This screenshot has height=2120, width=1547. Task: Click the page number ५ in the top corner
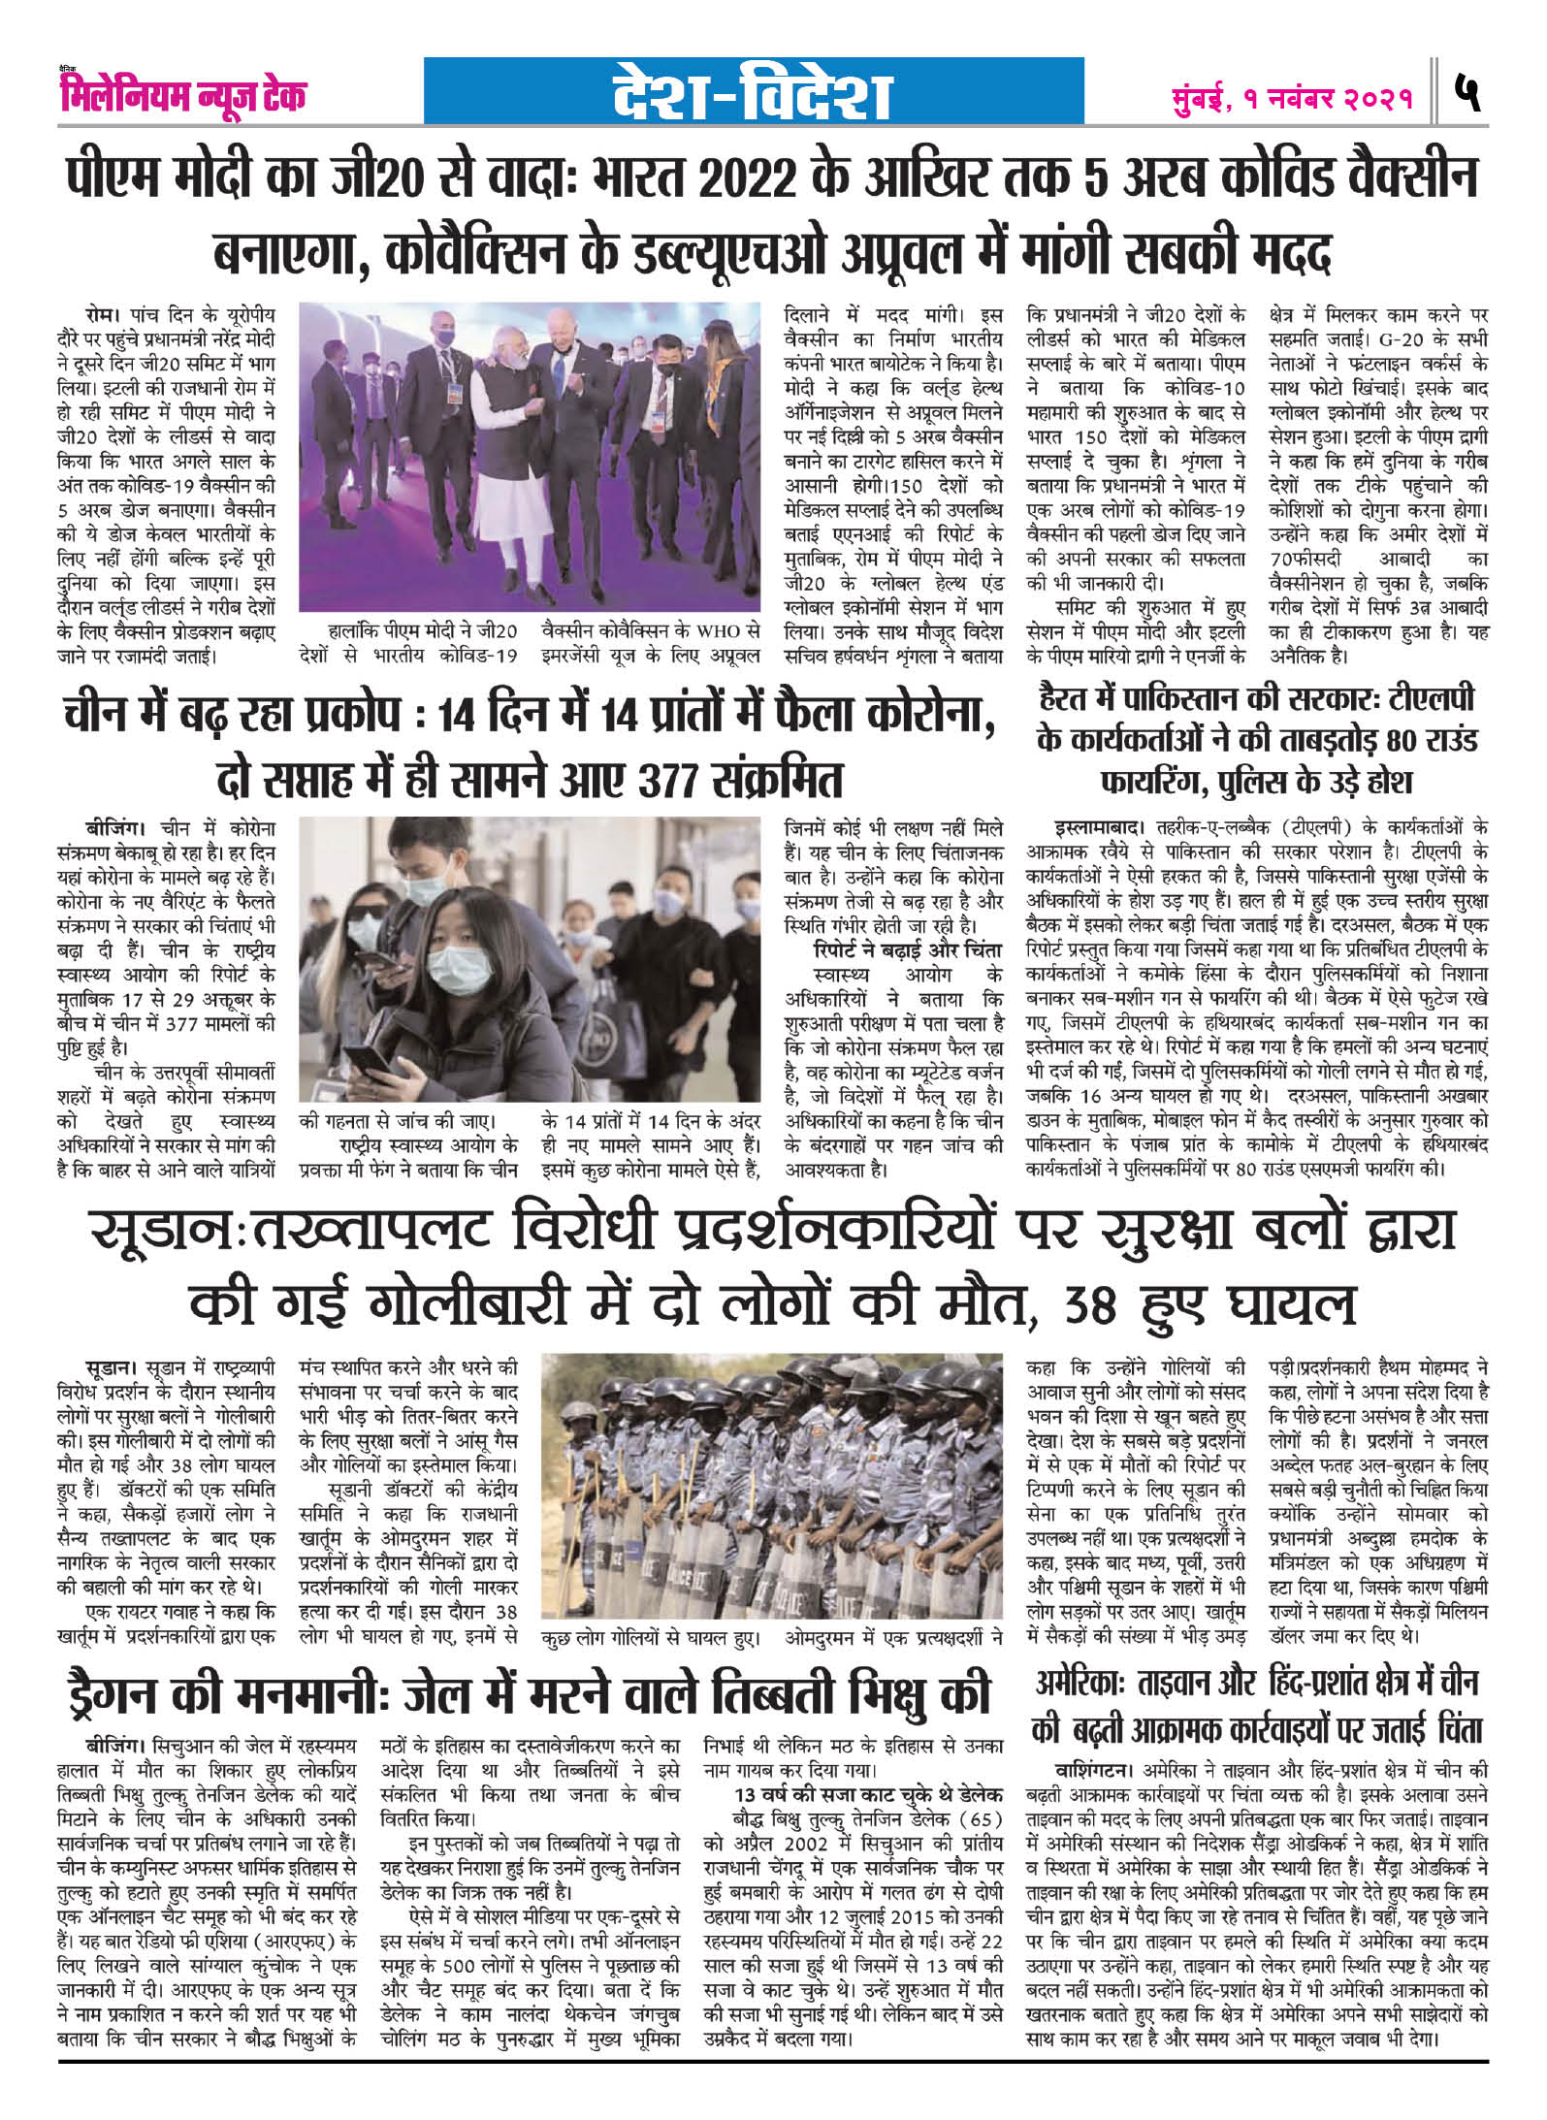1470,96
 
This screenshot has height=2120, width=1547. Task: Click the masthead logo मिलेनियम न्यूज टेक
182,96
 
